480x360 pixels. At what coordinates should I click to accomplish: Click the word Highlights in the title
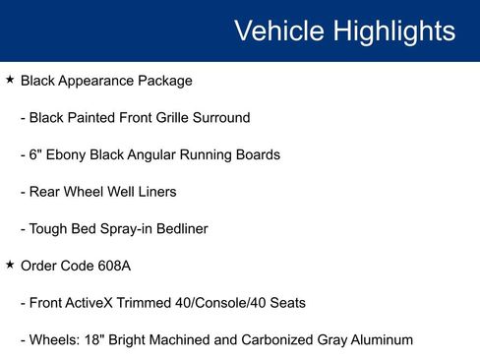click(x=393, y=30)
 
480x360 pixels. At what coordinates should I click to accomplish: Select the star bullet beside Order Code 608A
click(x=10, y=265)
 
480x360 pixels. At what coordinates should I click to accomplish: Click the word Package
click(x=166, y=81)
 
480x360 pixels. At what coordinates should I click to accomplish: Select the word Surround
click(x=220, y=118)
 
